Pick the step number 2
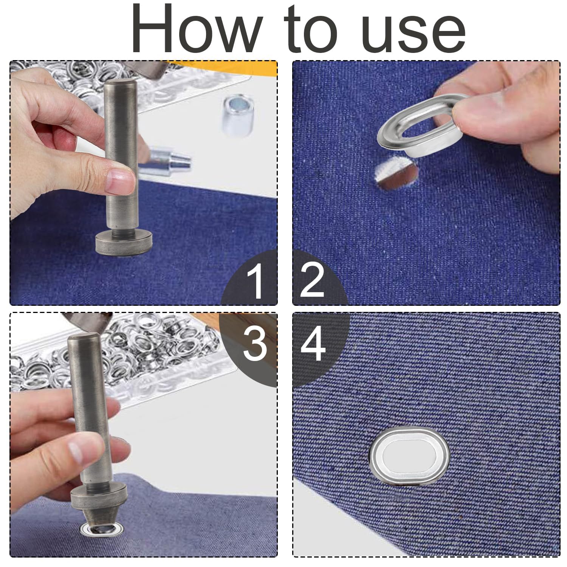[x=313, y=280]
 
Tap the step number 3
[x=255, y=344]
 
